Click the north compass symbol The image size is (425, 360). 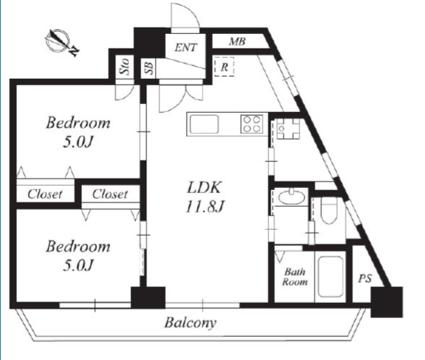coord(61,42)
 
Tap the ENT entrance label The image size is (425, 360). coord(186,48)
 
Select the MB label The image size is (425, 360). coord(237,41)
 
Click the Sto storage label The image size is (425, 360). coord(124,67)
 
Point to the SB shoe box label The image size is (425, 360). coord(149,67)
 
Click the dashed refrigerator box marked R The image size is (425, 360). coord(224,67)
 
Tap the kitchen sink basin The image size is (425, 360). coord(204,124)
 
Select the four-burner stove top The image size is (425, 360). coord(252,124)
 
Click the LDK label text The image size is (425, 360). coord(205,187)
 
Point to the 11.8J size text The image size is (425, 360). coord(205,207)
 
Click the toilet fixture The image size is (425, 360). coord(329,210)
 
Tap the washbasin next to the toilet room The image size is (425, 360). coord(291,197)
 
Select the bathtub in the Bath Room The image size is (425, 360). coord(330,276)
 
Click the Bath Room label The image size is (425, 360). coord(295,277)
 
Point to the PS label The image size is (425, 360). coord(365,278)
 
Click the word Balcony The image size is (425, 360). coord(190,322)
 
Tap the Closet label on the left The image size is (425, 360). coord(45,194)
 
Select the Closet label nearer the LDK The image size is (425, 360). coord(110,194)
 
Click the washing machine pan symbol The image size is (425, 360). coord(288,129)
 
